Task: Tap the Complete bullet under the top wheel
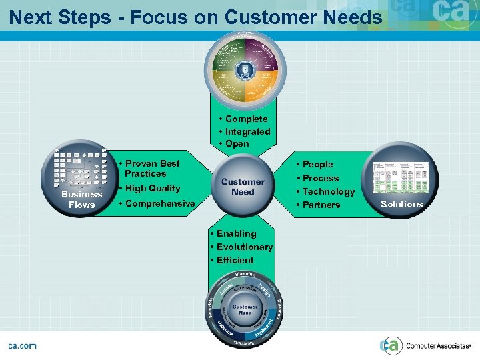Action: coord(246,119)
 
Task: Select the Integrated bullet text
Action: coord(247,131)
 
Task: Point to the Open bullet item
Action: coord(237,143)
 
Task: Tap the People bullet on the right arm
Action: coord(317,164)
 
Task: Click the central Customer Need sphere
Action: coord(243,186)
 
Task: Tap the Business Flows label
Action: coord(81,199)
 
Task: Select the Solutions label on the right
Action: coord(401,204)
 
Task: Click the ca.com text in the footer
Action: coord(22,345)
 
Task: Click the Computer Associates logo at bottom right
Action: coord(427,345)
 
